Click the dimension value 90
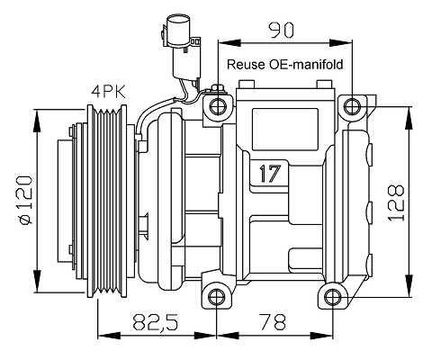[282, 30]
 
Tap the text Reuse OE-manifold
[284, 65]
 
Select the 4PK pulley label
[108, 92]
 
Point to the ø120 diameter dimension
[26, 200]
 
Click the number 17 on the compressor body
[270, 174]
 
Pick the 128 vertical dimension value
[396, 202]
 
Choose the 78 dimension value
[274, 321]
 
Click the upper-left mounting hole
[217, 107]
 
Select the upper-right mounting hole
[352, 106]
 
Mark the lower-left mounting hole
[216, 297]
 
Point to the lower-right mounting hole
[333, 297]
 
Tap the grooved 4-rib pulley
[107, 201]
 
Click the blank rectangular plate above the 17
[285, 130]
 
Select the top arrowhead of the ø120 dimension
[37, 121]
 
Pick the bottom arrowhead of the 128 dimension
[409, 285]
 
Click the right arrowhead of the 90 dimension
[341, 43]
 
